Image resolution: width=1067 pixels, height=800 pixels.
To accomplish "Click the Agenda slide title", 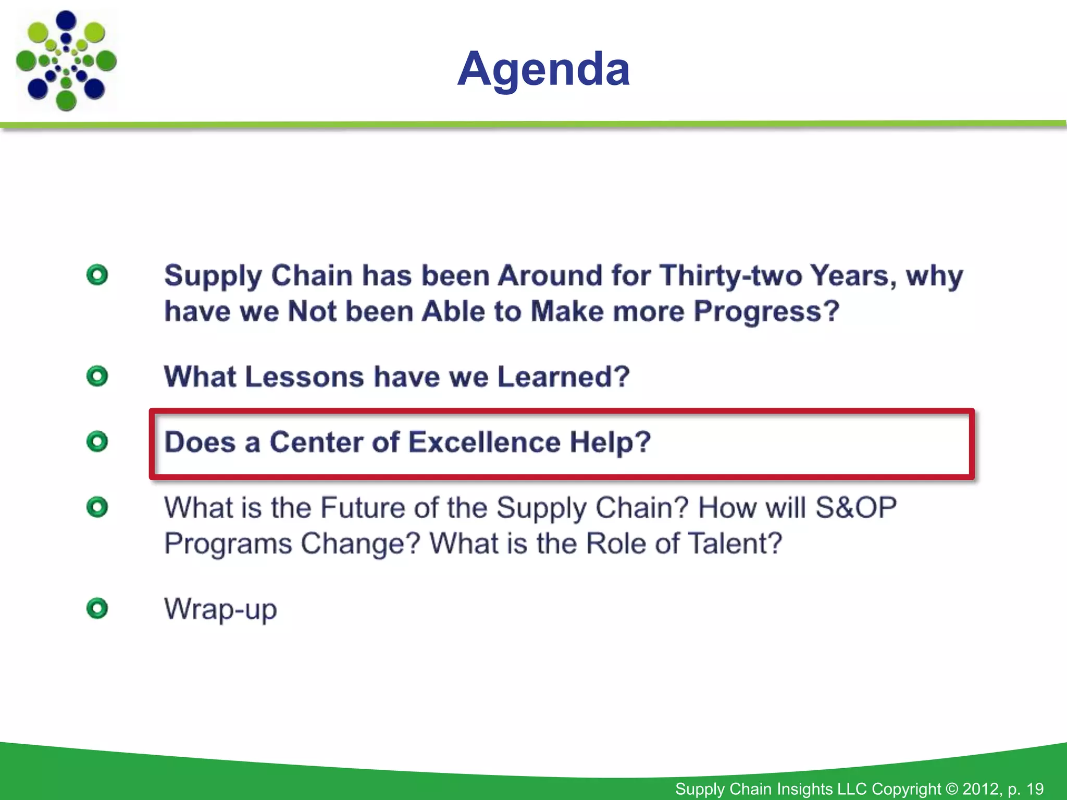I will pyautogui.click(x=543, y=69).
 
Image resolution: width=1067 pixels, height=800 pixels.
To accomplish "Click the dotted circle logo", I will pyautogui.click(x=66, y=61).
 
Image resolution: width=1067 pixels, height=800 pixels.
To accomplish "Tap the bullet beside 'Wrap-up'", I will pyautogui.click(x=97, y=608).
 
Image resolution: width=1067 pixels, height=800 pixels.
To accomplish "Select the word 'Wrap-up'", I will pyautogui.click(x=220, y=609).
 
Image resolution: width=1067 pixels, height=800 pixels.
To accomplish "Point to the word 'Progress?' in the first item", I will pyautogui.click(x=766, y=311).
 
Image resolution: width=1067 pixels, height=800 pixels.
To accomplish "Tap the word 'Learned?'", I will pyautogui.click(x=563, y=377).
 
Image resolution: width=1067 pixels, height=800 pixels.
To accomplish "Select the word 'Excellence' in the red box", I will pyautogui.click(x=484, y=442).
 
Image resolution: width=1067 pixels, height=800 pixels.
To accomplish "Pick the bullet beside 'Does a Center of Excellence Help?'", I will pyautogui.click(x=97, y=442).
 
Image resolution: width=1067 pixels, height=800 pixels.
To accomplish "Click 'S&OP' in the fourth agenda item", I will pyautogui.click(x=855, y=507).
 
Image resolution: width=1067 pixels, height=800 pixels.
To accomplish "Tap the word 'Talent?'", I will pyautogui.click(x=735, y=543).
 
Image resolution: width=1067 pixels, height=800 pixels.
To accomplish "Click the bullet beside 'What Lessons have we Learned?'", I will pyautogui.click(x=97, y=376).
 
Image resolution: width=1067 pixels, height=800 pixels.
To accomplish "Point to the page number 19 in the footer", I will pyautogui.click(x=1035, y=789).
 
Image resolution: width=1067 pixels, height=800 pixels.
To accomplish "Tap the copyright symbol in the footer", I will pyautogui.click(x=951, y=789).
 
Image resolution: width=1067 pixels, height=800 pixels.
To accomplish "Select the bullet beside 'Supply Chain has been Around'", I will pyautogui.click(x=97, y=275).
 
